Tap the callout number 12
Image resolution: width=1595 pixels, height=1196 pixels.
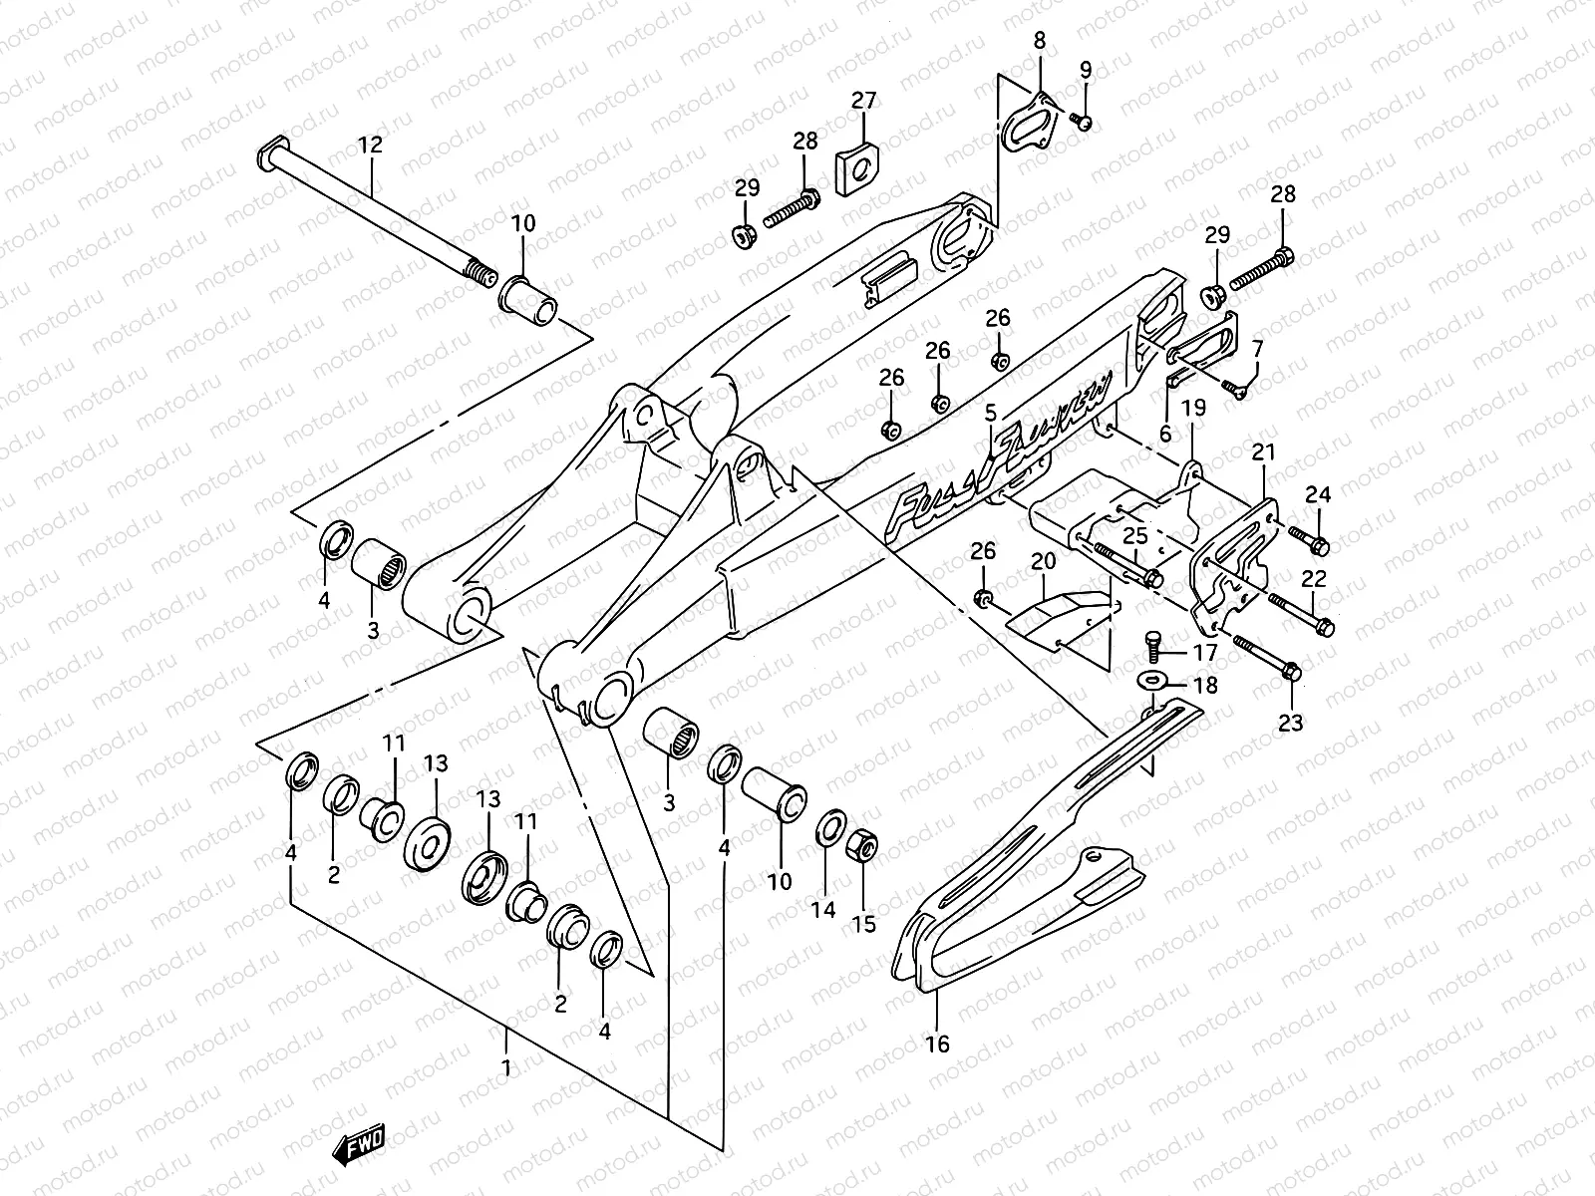pos(370,145)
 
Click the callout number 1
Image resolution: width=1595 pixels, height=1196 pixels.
pos(506,1068)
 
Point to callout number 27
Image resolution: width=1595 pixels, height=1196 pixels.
pos(863,101)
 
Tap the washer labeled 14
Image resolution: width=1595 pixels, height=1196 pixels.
pos(827,830)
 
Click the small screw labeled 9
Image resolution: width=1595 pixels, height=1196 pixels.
pos(1084,122)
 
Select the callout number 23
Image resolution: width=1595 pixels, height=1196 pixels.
pos(1290,724)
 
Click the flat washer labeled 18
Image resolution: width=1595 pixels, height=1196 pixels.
pos(1152,681)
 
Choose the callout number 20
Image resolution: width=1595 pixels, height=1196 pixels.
pos(1043,561)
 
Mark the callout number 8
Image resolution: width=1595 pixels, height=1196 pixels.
pos(1039,41)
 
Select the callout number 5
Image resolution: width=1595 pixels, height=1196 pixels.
pos(990,412)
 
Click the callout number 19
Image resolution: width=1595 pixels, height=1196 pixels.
pos(1193,407)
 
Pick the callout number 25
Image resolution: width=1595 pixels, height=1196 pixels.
pos(1135,536)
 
